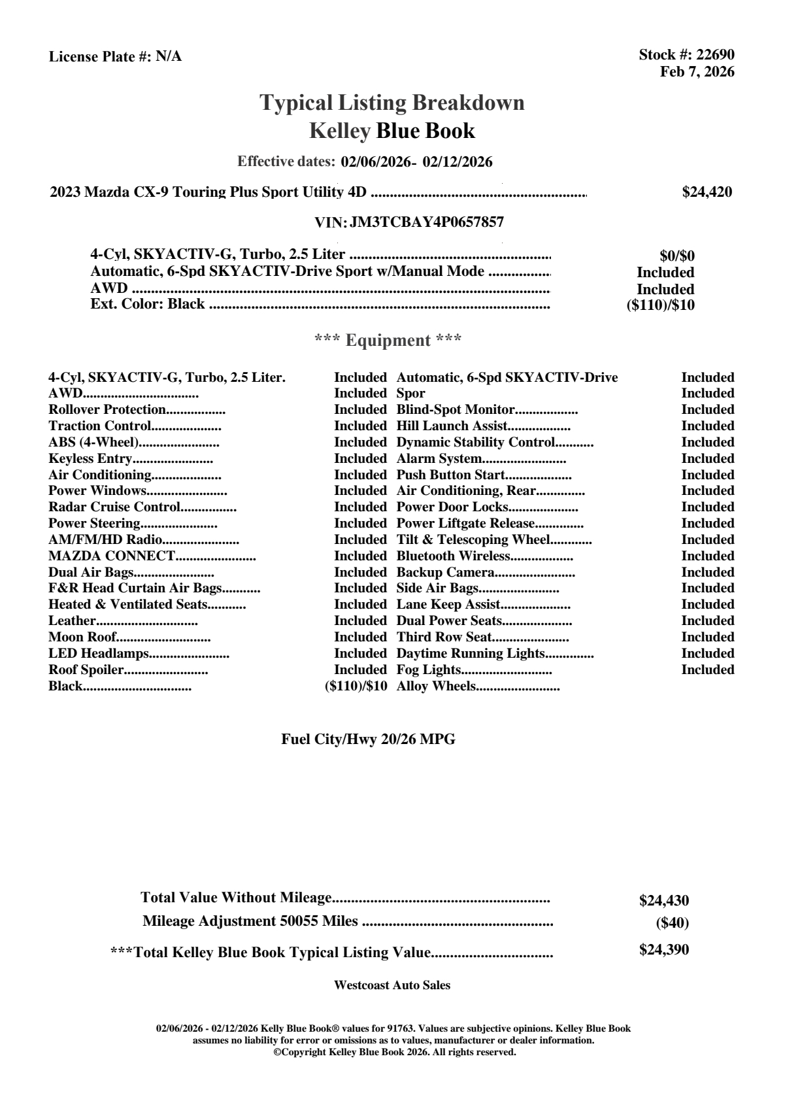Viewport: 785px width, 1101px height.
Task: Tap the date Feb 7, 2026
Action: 697,71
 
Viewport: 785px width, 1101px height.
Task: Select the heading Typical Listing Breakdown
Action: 392,103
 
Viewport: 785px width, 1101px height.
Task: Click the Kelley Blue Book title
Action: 392,131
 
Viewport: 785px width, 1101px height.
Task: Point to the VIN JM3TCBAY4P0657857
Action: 427,222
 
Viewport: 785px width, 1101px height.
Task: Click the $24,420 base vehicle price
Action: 707,192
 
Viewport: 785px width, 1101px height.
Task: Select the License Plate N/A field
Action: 116,57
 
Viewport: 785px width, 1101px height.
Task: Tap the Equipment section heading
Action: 388,340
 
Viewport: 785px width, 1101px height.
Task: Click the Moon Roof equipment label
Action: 82,637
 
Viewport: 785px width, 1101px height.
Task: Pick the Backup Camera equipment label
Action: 446,572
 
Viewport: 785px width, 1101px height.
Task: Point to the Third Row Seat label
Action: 444,637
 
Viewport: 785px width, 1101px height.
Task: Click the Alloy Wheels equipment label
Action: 436,686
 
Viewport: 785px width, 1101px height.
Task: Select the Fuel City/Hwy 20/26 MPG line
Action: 368,739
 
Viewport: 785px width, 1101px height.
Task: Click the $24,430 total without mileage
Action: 664,900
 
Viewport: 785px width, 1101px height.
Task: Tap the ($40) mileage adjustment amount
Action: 672,923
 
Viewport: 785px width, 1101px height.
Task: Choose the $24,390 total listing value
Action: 664,949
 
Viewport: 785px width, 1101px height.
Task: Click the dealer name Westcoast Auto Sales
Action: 392,985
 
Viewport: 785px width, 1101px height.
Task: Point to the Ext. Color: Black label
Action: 148,304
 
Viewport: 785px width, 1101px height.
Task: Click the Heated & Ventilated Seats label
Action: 128,604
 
